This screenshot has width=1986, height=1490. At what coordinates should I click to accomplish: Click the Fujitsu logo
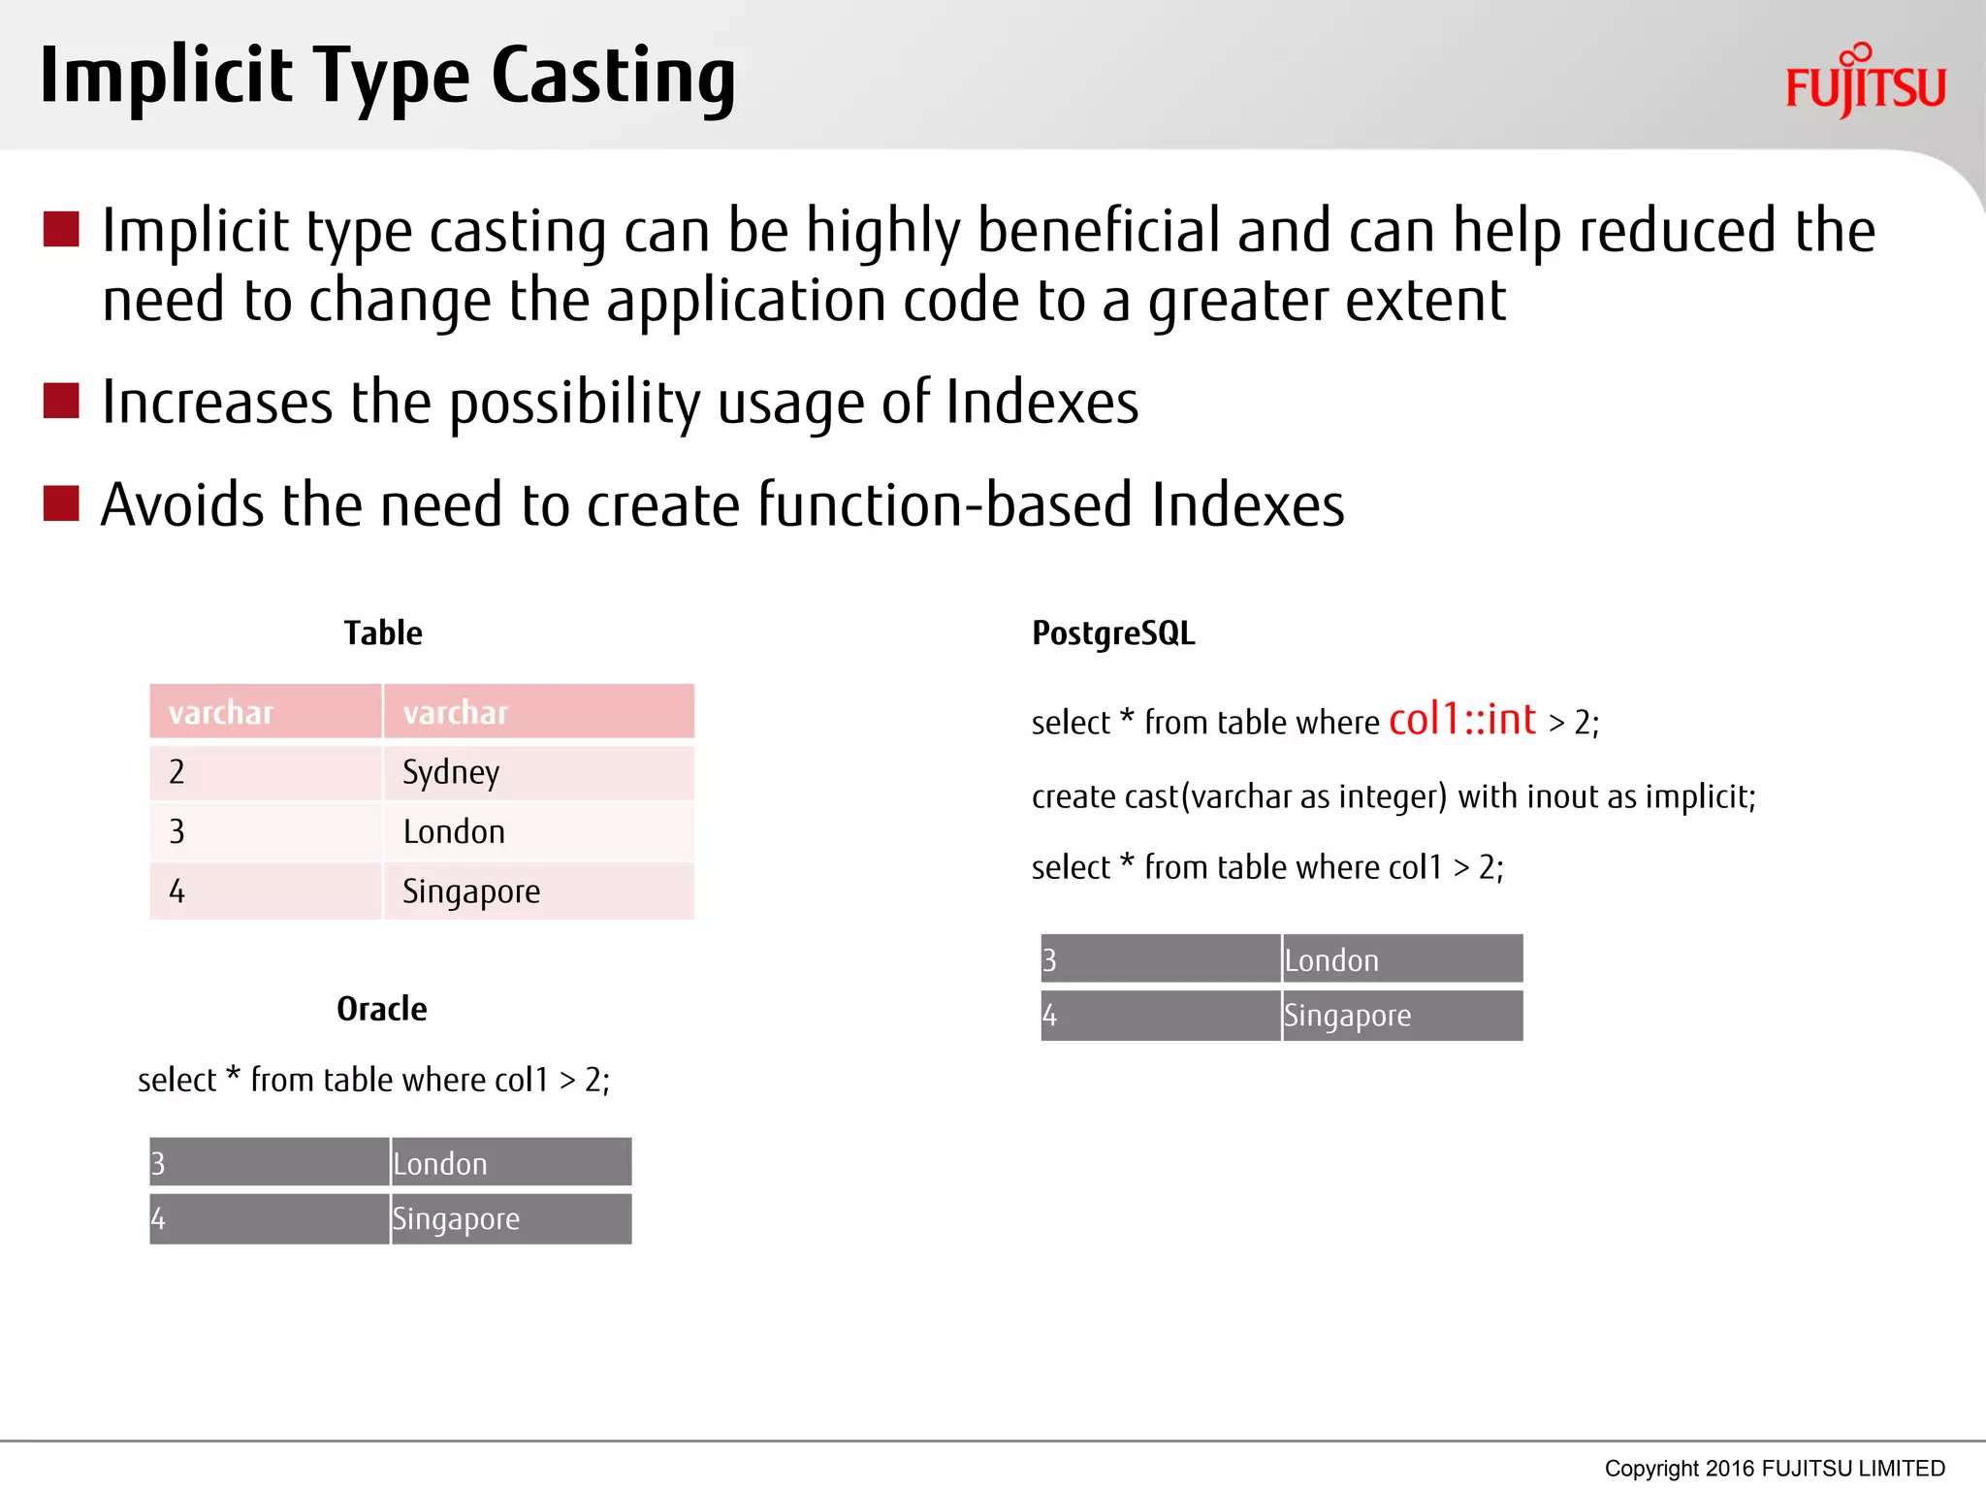click(1865, 83)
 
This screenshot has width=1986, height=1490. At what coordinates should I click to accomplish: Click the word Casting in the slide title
click(613, 78)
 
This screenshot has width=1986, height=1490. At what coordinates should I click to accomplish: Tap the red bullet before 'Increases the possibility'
click(61, 401)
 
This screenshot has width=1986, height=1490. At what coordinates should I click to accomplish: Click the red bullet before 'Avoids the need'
click(61, 503)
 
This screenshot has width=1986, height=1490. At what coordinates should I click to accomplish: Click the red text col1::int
click(1461, 720)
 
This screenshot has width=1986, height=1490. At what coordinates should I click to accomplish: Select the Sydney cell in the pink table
click(538, 772)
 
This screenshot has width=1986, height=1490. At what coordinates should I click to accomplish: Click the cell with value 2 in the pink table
click(265, 772)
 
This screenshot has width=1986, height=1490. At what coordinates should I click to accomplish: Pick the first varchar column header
click(265, 712)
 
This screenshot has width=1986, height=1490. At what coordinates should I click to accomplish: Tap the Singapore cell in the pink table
click(538, 891)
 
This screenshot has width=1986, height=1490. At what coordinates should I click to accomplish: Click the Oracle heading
click(381, 1009)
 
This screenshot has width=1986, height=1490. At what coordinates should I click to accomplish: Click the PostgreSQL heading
click(1112, 633)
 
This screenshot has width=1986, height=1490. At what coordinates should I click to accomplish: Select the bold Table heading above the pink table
click(383, 633)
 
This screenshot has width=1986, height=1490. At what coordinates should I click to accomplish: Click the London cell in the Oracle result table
click(510, 1163)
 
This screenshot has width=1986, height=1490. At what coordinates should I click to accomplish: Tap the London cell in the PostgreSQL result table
click(1401, 959)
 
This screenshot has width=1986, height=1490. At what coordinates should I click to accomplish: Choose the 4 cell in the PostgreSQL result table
click(1160, 1016)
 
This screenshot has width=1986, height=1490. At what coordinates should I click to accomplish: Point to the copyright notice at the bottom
click(1774, 1468)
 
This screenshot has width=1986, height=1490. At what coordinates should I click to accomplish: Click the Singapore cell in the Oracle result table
click(510, 1219)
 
